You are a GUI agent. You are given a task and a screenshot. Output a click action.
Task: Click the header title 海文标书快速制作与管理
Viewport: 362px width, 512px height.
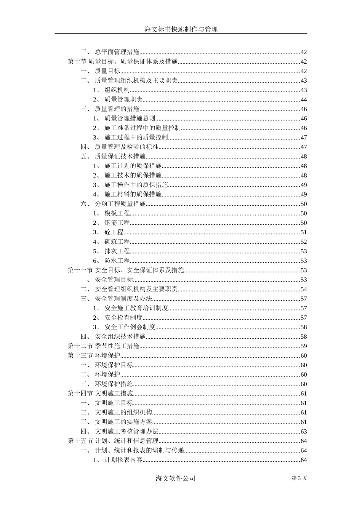pyautogui.click(x=181, y=29)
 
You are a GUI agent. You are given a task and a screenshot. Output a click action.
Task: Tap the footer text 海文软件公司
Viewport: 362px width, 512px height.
pyautogui.click(x=176, y=478)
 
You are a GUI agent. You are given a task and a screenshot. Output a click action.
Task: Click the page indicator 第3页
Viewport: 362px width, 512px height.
pyautogui.click(x=299, y=478)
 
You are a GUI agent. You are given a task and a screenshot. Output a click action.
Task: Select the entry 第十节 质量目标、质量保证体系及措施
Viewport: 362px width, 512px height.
pyautogui.click(x=123, y=62)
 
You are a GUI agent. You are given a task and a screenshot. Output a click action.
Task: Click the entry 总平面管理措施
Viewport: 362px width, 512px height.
pyautogui.click(x=117, y=52)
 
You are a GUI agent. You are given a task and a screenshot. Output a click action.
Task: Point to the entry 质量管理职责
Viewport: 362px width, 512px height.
pyautogui.click(x=123, y=99)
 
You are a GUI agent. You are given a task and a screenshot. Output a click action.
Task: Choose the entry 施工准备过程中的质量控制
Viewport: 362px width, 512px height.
pyautogui.click(x=143, y=128)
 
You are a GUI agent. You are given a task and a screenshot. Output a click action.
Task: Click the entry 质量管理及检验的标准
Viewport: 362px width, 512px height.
pyautogui.click(x=127, y=147)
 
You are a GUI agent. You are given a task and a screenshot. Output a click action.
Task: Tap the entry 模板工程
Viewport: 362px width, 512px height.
pyautogui.click(x=117, y=213)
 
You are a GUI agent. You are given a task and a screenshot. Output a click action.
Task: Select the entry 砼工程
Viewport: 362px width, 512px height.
pyautogui.click(x=114, y=232)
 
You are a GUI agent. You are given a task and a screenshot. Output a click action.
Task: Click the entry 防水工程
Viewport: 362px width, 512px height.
pyautogui.click(x=117, y=261)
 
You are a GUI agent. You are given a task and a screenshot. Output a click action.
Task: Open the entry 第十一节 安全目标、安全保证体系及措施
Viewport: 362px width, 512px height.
pyautogui.click(x=126, y=270)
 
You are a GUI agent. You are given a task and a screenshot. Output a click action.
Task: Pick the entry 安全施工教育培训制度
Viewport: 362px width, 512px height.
pyautogui.click(x=136, y=308)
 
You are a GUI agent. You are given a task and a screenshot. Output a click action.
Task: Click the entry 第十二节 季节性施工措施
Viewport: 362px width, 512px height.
pyautogui.click(x=104, y=346)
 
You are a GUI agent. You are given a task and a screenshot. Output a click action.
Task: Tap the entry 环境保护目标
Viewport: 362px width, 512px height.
pyautogui.click(x=114, y=365)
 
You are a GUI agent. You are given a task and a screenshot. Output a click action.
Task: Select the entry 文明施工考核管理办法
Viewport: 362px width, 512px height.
pyautogui.click(x=127, y=432)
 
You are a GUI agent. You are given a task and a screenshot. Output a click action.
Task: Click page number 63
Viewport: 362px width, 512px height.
pyautogui.click(x=304, y=432)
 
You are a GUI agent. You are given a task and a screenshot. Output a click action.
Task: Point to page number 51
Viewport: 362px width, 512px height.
pyautogui.click(x=304, y=232)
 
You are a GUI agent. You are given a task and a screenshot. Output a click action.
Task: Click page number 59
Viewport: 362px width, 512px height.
pyautogui.click(x=304, y=346)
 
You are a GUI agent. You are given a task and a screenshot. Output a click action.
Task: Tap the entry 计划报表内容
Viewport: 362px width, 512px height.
pyautogui.click(x=123, y=460)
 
